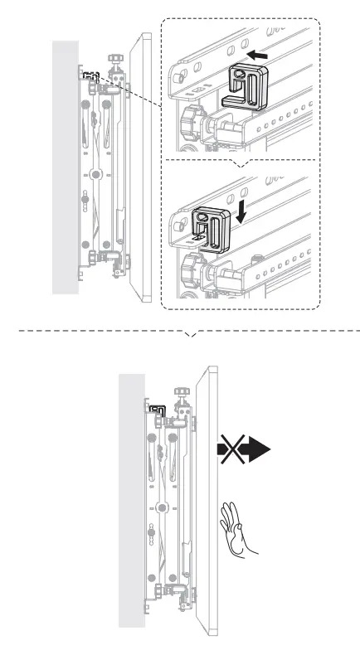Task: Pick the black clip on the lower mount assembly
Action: tap(157, 409)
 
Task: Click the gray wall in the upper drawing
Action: tap(65, 166)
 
